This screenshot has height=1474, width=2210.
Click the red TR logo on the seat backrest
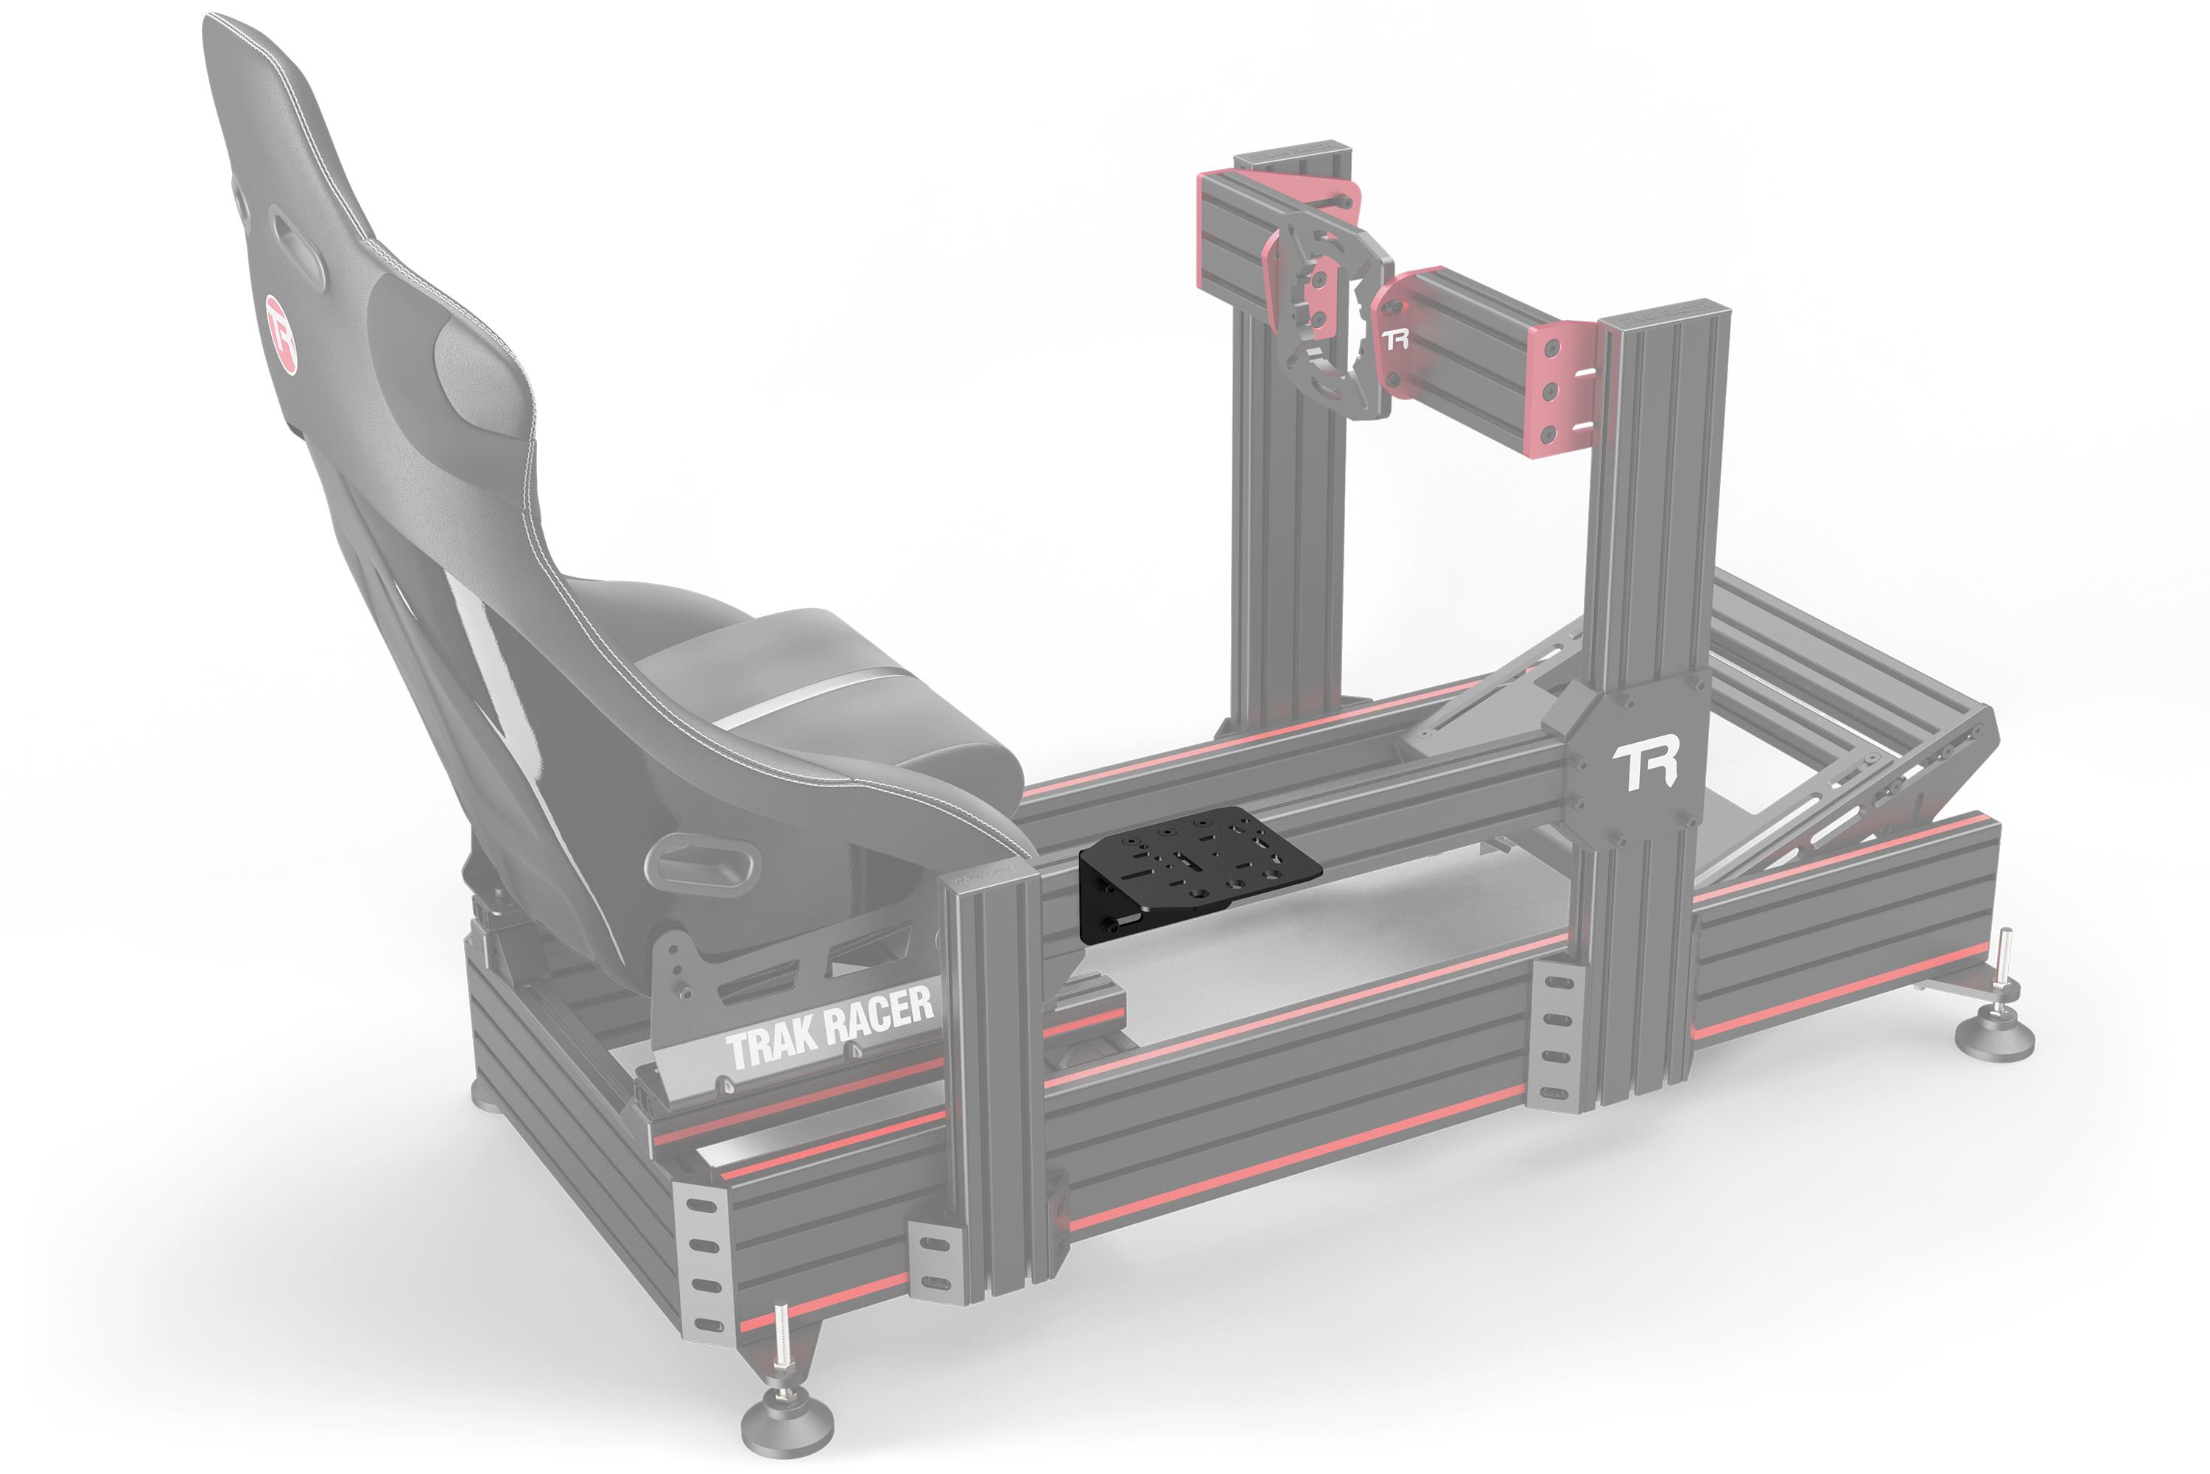(280, 334)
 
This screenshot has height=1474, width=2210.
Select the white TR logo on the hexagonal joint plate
(1644, 766)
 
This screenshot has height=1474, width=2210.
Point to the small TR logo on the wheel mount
(1395, 338)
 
